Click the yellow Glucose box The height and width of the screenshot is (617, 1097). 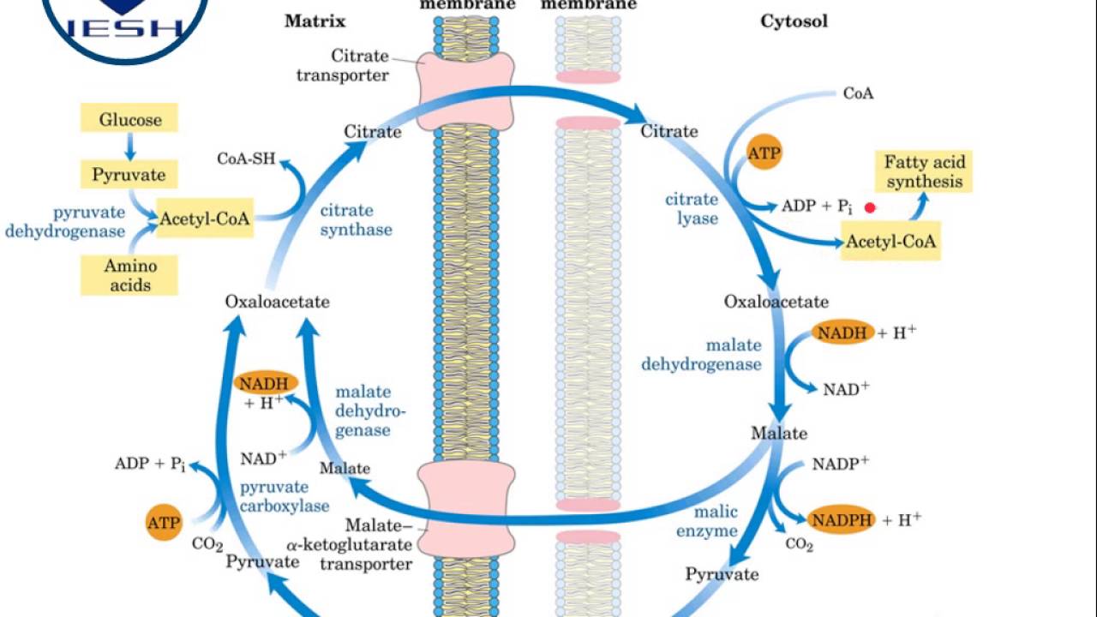pos(129,119)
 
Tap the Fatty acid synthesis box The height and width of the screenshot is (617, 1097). pos(924,171)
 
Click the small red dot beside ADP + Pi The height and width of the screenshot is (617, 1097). pos(871,207)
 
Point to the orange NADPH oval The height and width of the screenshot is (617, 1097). pos(842,519)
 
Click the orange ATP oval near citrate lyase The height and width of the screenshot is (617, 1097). pos(764,153)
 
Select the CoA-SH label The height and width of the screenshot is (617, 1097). pos(246,159)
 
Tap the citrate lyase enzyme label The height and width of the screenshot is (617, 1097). pos(692,208)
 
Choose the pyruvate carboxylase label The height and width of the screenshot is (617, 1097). pos(284,496)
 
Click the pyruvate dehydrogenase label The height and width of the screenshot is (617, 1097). pos(65,221)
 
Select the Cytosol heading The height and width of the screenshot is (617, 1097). pos(794,21)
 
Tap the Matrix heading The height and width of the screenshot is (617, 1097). pos(314,21)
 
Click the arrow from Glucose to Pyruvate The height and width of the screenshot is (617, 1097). pos(129,147)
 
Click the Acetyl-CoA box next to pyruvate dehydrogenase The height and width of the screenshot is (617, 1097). pos(205,219)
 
